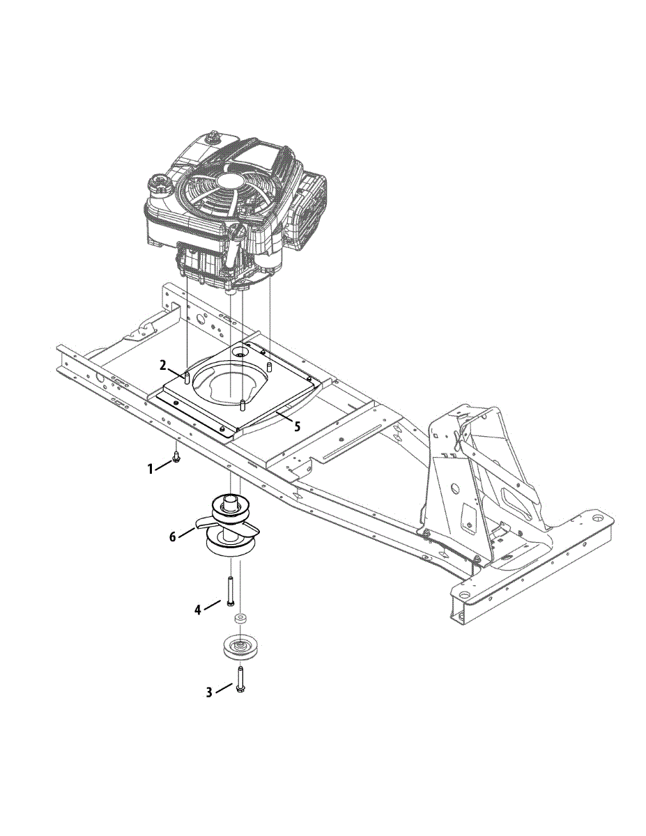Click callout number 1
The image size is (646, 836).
click(x=151, y=469)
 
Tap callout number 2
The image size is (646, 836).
click(x=163, y=366)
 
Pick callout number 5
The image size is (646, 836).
click(x=297, y=426)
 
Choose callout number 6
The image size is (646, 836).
click(x=173, y=536)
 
